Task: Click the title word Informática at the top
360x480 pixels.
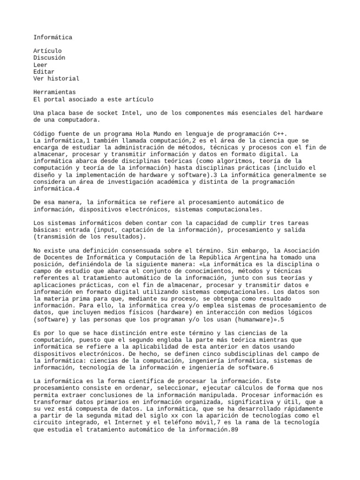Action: tap(53, 37)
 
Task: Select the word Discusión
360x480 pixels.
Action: tap(49, 58)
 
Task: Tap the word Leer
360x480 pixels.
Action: tap(41, 65)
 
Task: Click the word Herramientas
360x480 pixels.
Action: tap(54, 92)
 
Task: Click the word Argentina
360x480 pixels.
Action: tap(252, 257)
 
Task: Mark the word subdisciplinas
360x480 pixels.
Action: tap(243, 353)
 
